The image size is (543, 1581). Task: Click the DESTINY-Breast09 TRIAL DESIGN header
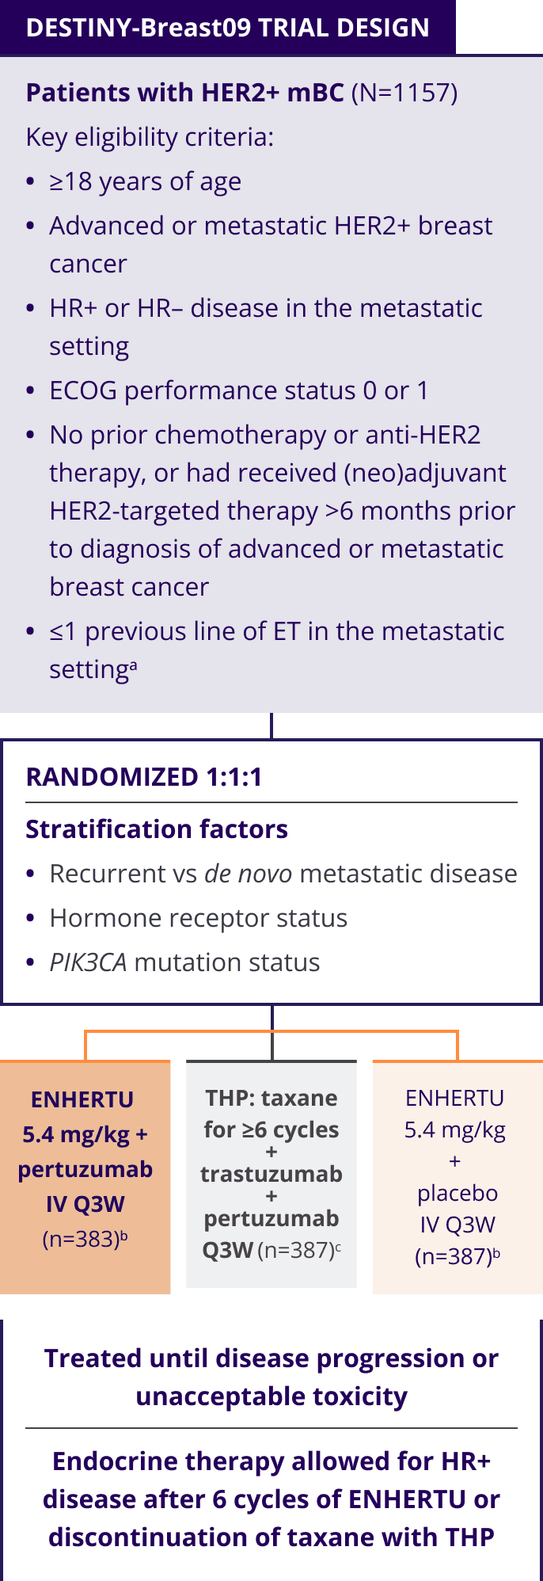tap(227, 28)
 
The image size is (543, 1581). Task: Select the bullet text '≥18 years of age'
tap(145, 181)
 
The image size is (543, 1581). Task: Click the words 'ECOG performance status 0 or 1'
tap(238, 390)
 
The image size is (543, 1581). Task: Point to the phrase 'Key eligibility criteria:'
tap(150, 137)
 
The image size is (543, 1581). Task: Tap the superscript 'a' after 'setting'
tap(133, 665)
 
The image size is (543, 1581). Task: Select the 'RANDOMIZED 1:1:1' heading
tap(143, 777)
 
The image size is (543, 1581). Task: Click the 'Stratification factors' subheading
tap(157, 829)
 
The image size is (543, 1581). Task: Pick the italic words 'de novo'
tap(248, 874)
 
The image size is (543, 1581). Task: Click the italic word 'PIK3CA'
tap(88, 962)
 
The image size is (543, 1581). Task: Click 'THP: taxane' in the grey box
tap(271, 1098)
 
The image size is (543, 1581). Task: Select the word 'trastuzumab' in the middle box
tap(271, 1174)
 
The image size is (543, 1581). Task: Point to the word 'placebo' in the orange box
tap(457, 1193)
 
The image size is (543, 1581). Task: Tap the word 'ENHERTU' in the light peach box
tap(82, 1099)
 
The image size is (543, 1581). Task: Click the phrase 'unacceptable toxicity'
tap(271, 1396)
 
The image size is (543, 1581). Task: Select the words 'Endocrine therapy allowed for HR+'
tap(271, 1461)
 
